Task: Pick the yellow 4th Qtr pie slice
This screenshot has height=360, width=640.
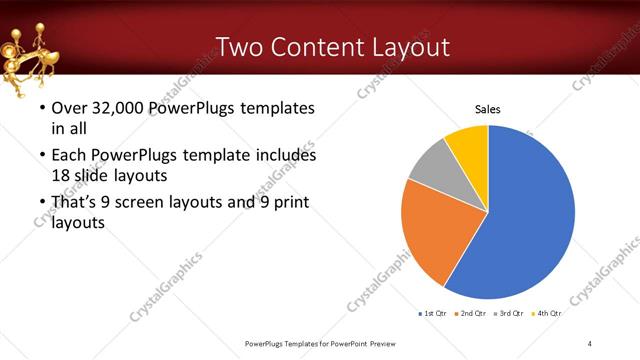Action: (468, 142)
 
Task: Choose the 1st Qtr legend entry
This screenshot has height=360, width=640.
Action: (433, 314)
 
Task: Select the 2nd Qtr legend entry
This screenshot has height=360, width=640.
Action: (471, 314)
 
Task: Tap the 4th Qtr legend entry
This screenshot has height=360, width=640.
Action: (546, 314)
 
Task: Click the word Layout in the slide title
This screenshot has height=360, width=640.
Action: (412, 46)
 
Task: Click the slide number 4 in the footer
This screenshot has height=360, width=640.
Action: (590, 344)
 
